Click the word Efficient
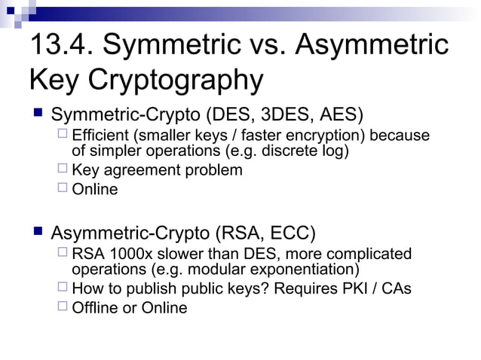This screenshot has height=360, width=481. click(100, 136)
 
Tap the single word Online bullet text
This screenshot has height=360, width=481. click(94, 189)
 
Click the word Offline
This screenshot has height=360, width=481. click(97, 307)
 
